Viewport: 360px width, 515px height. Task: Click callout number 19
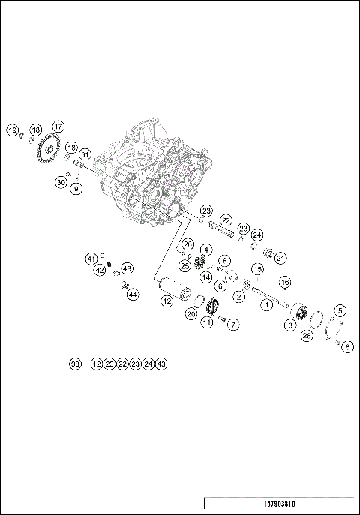click(x=13, y=130)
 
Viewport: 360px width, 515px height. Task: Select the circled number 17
click(x=58, y=127)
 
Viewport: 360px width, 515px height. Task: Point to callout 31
click(x=85, y=155)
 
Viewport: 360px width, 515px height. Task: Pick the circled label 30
click(x=61, y=182)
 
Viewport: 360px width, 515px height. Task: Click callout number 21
click(x=280, y=258)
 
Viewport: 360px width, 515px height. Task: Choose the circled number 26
click(x=187, y=244)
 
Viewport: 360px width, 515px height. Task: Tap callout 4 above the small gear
click(x=206, y=250)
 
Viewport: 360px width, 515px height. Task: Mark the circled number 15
click(x=256, y=269)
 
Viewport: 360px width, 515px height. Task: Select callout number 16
click(x=284, y=282)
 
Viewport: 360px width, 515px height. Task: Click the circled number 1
click(x=265, y=305)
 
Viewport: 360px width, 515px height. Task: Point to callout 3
click(x=289, y=325)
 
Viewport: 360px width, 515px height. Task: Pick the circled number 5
click(x=340, y=310)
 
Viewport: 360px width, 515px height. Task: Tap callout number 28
click(x=306, y=337)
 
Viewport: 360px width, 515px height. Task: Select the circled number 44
click(x=132, y=295)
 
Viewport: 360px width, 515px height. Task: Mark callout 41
click(x=91, y=259)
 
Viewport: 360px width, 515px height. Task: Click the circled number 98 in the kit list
click(x=75, y=364)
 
